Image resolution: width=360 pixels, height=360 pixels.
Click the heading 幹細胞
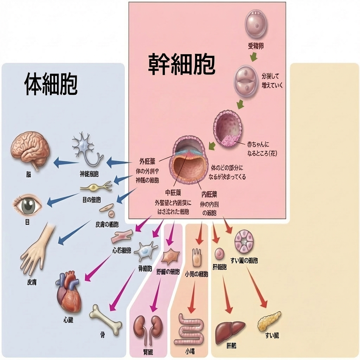[181, 64]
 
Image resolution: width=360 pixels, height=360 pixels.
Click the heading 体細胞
[51, 84]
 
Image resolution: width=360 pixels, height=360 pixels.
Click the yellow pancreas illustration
[269, 321]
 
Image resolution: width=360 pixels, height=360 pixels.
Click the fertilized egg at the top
[256, 24]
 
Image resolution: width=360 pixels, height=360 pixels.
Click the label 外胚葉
[147, 162]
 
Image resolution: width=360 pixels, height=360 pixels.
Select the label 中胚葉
[173, 193]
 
